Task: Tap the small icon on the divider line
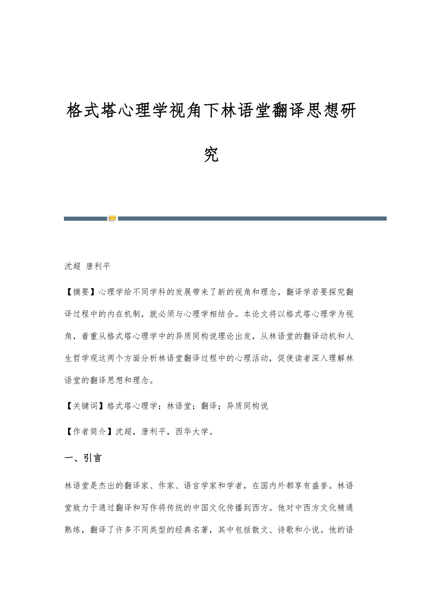112,218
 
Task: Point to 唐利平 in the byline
98,266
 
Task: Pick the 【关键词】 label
86,406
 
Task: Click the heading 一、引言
83,458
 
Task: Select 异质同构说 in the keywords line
247,406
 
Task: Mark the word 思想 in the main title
313,111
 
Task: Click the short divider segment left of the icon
86,219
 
